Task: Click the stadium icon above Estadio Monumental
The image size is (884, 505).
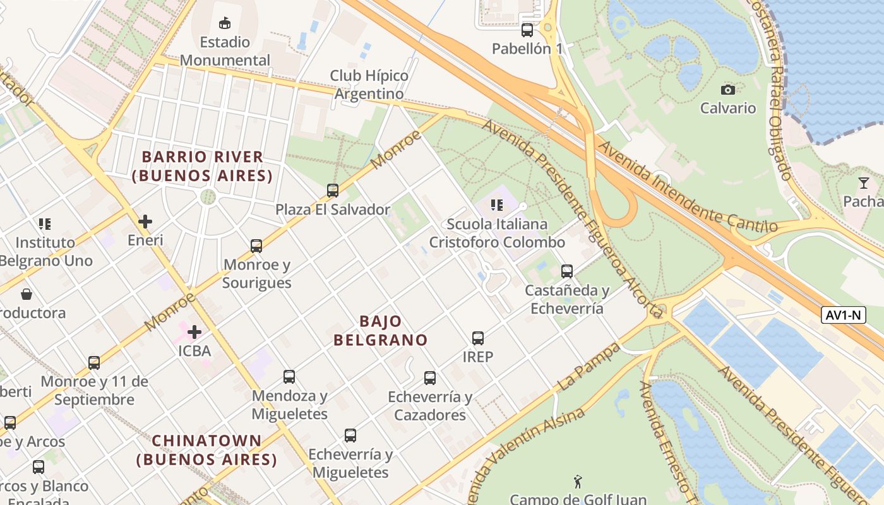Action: point(224,23)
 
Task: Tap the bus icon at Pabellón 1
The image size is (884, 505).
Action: point(527,30)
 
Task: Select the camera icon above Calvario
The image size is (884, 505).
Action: point(728,90)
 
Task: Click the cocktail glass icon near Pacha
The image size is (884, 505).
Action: point(864,183)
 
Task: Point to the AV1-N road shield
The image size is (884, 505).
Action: point(843,315)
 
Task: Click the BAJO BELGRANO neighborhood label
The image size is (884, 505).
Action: point(381,330)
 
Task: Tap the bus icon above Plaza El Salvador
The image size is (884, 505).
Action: point(332,190)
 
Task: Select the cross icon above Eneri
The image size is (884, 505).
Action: point(145,222)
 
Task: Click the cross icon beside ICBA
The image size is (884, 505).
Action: point(194,331)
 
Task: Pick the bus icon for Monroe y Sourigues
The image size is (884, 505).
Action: point(256,246)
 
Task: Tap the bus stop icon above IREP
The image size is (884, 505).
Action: point(478,338)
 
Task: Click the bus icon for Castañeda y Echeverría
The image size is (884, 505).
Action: point(567,271)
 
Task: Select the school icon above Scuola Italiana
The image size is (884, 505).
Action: point(497,205)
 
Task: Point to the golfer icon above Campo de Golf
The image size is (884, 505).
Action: point(578,482)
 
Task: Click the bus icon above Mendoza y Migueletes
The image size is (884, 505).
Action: point(289,377)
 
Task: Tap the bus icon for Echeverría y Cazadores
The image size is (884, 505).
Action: point(430,378)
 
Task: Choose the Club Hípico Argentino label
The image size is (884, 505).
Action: point(369,85)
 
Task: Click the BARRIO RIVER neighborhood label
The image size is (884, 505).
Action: point(202,166)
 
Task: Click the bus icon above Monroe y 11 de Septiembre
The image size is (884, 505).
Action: point(94,363)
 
